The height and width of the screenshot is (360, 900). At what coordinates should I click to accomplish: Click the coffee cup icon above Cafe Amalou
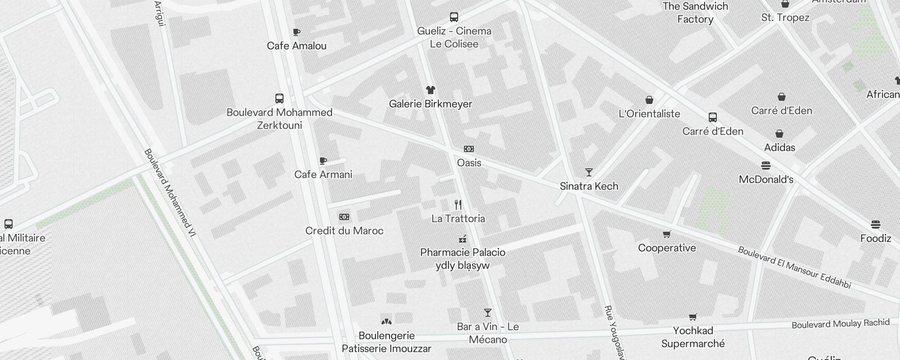(296, 32)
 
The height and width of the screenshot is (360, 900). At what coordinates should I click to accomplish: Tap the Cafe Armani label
(323, 175)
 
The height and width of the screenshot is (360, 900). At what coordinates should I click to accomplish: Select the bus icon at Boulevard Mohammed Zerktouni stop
(279, 99)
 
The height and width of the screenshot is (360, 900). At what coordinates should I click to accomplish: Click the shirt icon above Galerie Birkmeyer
(431, 90)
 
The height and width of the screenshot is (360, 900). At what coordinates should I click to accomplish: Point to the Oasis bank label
(469, 163)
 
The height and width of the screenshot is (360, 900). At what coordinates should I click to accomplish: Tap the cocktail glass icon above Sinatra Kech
(589, 172)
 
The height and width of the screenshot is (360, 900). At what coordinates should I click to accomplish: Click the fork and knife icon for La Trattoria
(458, 205)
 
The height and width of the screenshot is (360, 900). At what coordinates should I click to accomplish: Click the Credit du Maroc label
(344, 231)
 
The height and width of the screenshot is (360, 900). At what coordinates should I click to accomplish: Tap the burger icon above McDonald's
(766, 166)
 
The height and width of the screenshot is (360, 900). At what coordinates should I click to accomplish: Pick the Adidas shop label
(779, 148)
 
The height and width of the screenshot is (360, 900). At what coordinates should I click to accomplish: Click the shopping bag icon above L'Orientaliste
(649, 100)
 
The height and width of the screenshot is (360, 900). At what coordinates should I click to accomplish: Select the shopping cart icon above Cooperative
(667, 234)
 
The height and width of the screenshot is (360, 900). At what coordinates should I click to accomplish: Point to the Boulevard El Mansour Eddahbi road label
(795, 267)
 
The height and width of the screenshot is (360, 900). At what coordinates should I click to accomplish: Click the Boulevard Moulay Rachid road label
(841, 324)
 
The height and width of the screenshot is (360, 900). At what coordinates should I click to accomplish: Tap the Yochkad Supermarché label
(693, 337)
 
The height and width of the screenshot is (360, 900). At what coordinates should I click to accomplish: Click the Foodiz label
(876, 238)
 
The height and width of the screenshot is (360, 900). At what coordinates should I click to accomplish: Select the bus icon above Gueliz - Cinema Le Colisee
(454, 17)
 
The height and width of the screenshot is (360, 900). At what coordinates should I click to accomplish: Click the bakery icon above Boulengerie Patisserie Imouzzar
(386, 321)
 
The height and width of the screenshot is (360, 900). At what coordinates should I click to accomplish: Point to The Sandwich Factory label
(695, 13)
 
